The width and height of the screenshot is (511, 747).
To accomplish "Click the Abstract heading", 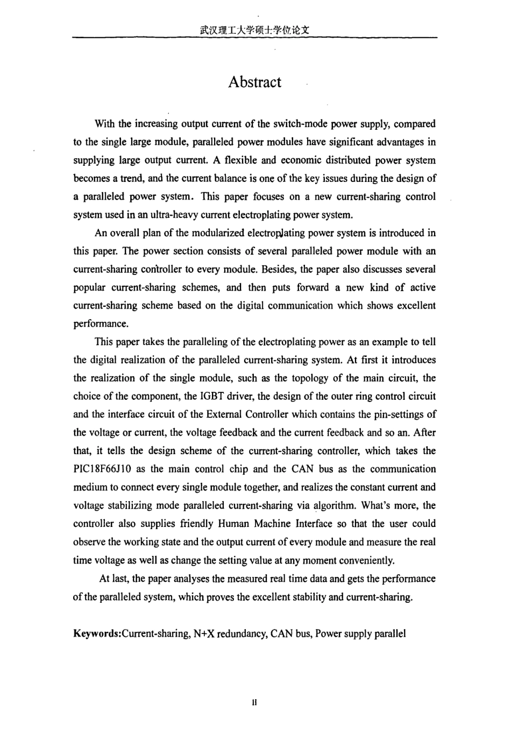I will [254, 82].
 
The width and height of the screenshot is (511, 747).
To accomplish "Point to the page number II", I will [254, 702].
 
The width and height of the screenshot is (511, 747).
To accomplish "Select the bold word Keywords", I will [96, 633].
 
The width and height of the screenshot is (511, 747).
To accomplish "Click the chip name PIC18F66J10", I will [103, 469].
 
